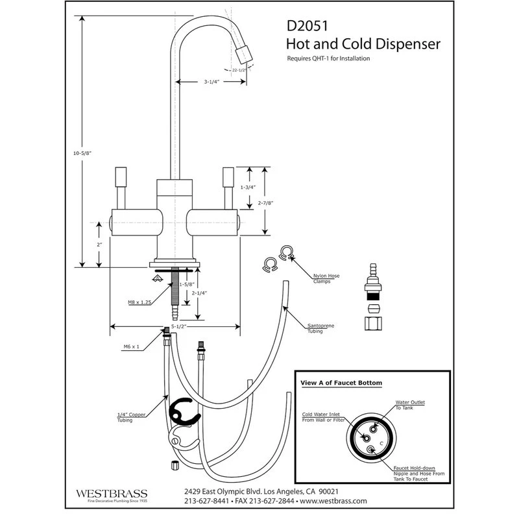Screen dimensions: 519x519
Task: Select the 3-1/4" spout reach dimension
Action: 213,82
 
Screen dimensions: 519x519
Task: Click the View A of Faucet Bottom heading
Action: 341,383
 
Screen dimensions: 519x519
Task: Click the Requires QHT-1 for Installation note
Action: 328,58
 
